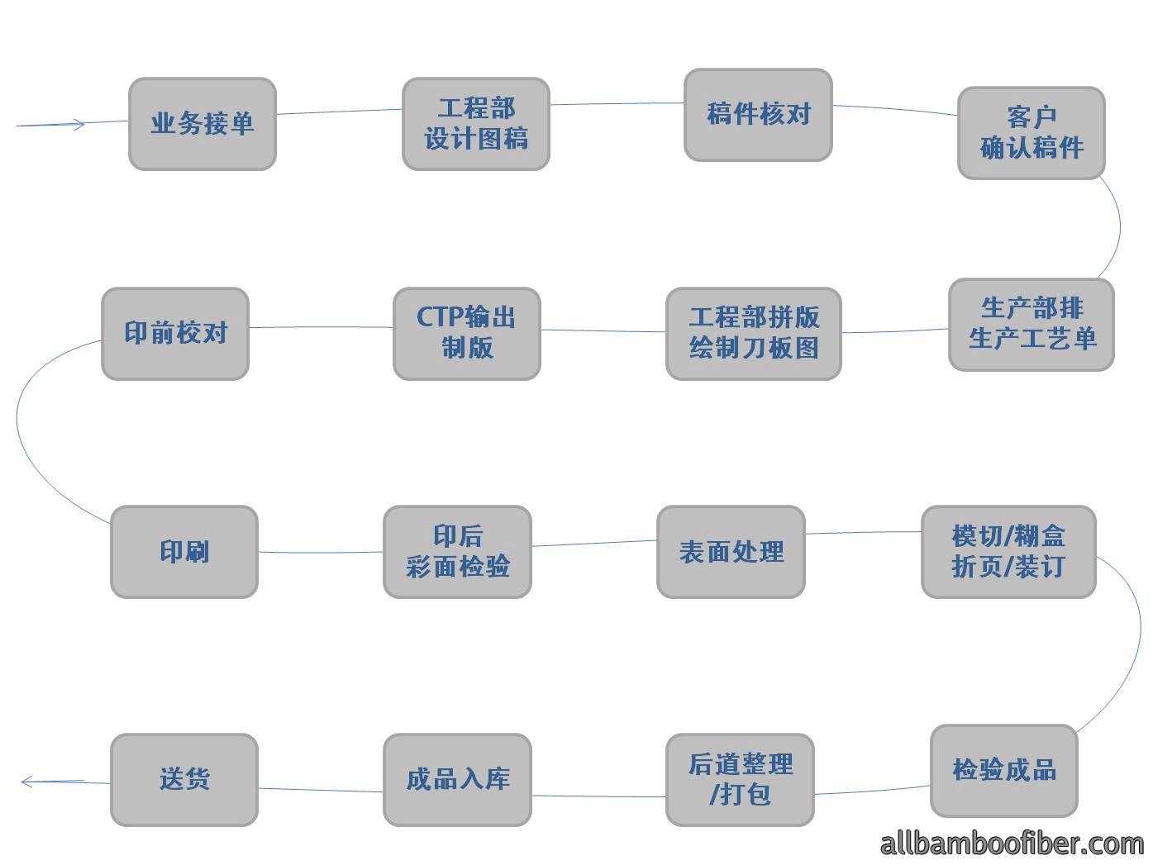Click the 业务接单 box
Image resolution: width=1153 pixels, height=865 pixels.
click(x=202, y=124)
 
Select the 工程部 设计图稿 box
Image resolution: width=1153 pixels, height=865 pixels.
click(x=476, y=124)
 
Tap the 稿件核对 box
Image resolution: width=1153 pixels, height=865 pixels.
click(x=758, y=114)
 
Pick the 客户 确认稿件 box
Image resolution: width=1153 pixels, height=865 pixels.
click(x=1032, y=133)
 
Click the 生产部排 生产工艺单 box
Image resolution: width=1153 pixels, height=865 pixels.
click(x=1032, y=325)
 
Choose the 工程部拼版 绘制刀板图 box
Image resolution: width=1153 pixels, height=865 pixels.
click(x=753, y=333)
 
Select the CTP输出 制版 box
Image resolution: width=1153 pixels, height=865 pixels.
click(x=467, y=333)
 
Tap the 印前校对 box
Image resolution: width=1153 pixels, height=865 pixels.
click(x=175, y=333)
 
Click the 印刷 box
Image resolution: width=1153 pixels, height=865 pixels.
click(x=183, y=552)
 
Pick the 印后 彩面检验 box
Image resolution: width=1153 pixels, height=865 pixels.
click(x=457, y=552)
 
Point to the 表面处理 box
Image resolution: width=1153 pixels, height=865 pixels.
click(x=731, y=552)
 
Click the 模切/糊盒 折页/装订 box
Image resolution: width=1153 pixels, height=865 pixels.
click(x=1008, y=552)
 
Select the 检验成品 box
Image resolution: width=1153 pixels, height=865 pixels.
click(x=1004, y=771)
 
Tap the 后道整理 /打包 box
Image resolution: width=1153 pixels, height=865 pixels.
click(x=740, y=779)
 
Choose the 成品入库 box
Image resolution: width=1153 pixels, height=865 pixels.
click(x=457, y=779)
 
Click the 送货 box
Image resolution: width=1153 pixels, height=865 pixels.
click(x=183, y=779)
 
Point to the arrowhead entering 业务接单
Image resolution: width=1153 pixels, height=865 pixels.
click(x=79, y=125)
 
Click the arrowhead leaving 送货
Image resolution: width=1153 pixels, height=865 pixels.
click(x=26, y=782)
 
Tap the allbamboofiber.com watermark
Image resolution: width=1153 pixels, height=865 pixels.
click(x=1012, y=844)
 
